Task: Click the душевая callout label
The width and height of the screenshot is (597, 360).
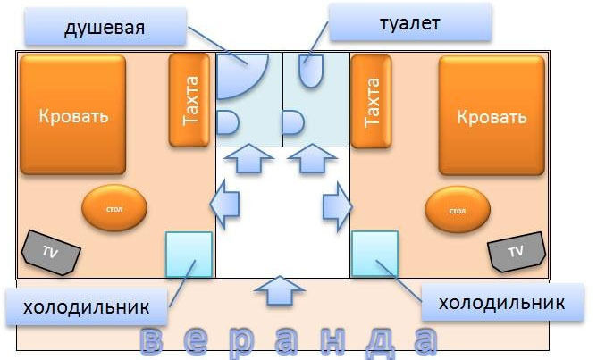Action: tap(105, 29)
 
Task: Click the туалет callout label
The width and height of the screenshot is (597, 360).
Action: tap(410, 23)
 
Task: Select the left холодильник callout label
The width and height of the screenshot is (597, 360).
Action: tap(86, 307)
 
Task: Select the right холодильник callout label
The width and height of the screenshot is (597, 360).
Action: tap(500, 303)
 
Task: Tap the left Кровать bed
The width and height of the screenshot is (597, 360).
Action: tap(73, 116)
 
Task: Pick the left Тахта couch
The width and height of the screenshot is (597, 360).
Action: tap(190, 100)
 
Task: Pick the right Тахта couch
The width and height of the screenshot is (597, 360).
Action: tap(374, 100)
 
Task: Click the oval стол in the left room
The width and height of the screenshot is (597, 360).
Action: tap(113, 209)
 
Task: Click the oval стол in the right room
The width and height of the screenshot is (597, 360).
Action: tap(458, 211)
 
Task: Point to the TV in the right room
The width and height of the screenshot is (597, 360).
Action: tap(516, 252)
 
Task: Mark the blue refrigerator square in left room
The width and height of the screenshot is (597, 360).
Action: tap(189, 254)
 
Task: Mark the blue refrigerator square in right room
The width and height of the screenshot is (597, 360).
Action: tap(374, 254)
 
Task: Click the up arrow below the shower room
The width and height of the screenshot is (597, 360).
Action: tap(248, 161)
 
